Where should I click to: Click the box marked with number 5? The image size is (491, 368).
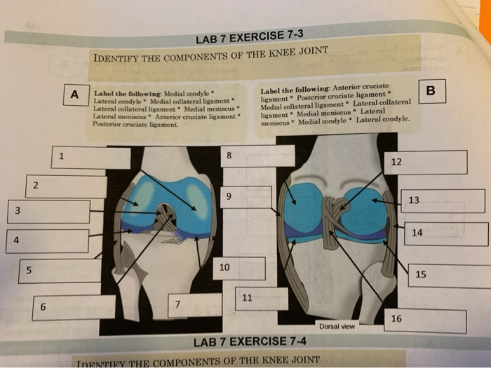coord(60,271)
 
